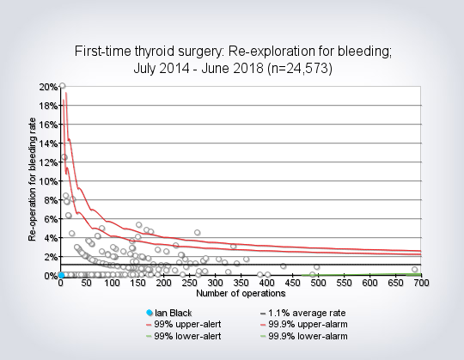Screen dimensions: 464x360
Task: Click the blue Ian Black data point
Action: (61, 276)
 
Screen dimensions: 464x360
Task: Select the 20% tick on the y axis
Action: (48, 87)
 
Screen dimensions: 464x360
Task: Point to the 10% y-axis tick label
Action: (48, 181)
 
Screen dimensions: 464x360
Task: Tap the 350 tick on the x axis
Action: (241, 284)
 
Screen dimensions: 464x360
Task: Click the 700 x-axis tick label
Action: (421, 284)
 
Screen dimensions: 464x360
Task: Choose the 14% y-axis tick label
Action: (48, 143)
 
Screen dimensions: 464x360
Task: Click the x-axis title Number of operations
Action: (241, 294)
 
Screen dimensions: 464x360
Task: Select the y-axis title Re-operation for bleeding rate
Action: (33, 180)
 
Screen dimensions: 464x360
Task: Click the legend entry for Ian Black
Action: (169, 313)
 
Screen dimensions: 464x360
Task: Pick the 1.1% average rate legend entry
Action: (302, 313)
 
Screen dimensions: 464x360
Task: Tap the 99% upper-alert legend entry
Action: (184, 325)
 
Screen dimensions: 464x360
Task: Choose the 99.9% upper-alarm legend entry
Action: (304, 325)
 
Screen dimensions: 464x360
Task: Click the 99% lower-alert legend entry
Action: (184, 336)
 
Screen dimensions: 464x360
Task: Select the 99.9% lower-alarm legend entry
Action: (304, 336)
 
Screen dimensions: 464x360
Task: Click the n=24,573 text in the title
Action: (300, 69)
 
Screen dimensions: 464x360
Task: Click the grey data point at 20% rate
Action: (62, 86)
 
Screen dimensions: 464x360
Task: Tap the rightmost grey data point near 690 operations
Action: (414, 269)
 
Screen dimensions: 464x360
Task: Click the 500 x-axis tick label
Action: (318, 284)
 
